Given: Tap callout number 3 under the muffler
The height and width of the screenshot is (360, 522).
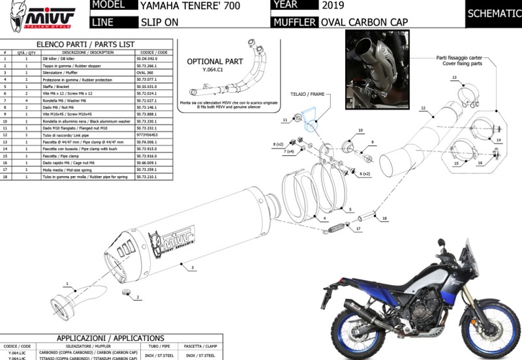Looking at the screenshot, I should pos(193,267).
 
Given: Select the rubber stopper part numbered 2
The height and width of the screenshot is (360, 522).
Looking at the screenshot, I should pos(128,291).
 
